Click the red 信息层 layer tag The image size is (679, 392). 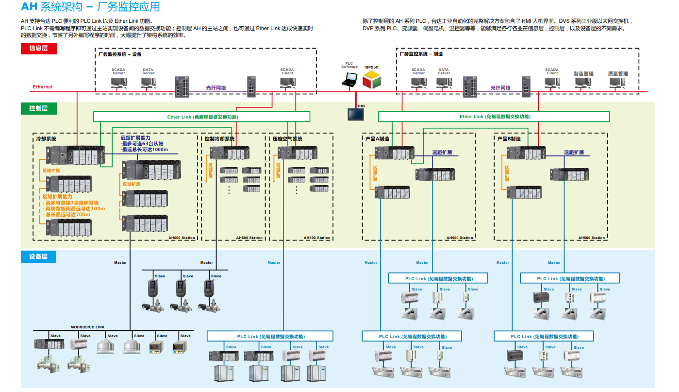(x=39, y=48)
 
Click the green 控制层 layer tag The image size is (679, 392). (x=39, y=108)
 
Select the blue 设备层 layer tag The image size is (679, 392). (x=39, y=256)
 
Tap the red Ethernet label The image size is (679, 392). (x=43, y=87)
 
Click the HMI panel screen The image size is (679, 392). (x=356, y=114)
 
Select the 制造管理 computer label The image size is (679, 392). (x=583, y=74)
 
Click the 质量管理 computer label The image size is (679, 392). (x=618, y=74)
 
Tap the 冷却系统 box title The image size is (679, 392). (x=46, y=139)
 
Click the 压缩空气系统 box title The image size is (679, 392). (x=287, y=139)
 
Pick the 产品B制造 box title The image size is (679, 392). (x=509, y=139)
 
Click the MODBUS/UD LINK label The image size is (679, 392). (x=88, y=327)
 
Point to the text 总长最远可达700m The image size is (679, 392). (x=67, y=214)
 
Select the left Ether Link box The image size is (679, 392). (x=201, y=117)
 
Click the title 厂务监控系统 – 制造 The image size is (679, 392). (x=421, y=54)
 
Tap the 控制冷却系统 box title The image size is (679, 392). (x=220, y=139)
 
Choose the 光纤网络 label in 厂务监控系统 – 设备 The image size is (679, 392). (x=216, y=88)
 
